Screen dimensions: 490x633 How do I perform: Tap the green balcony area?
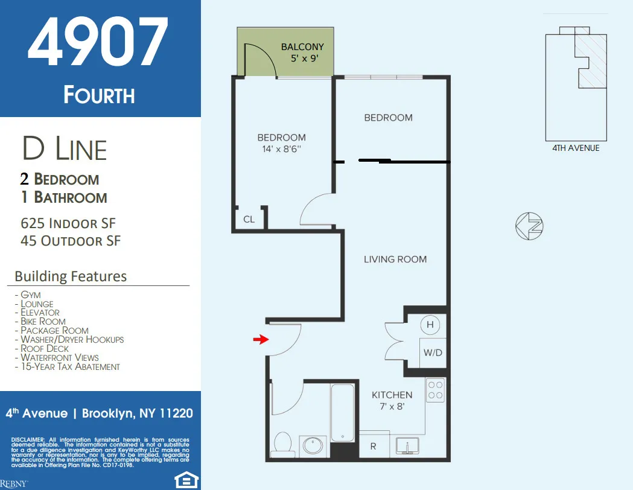(x=285, y=52)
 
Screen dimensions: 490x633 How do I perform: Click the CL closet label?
(x=249, y=220)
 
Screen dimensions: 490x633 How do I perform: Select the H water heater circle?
(x=430, y=325)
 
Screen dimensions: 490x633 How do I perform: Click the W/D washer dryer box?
(x=433, y=353)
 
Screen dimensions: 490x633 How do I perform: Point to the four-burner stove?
(x=435, y=390)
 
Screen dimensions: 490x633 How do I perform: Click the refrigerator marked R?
(x=373, y=447)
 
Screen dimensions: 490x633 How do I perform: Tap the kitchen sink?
(x=409, y=447)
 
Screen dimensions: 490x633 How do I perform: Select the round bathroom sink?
(x=313, y=446)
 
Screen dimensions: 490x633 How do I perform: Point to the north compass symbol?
(x=529, y=226)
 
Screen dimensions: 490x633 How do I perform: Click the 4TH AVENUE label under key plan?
(x=576, y=148)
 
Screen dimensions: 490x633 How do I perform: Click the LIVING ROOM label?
(x=395, y=259)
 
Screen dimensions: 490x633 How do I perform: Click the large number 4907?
(x=98, y=43)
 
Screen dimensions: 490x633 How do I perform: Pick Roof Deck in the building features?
(x=45, y=348)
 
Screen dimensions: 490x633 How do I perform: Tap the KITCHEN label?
(x=392, y=395)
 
